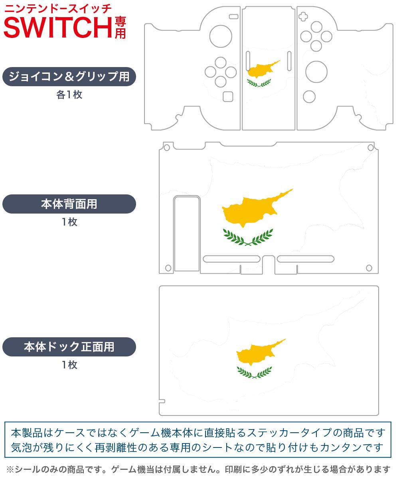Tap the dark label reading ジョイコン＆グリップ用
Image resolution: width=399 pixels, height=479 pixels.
pyautogui.click(x=69, y=77)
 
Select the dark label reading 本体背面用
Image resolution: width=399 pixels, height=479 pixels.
pyautogui.click(x=69, y=204)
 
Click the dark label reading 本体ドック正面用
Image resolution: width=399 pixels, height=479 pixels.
pyautogui.click(x=69, y=346)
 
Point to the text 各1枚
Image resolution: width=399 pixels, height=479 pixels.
pyautogui.click(x=69, y=95)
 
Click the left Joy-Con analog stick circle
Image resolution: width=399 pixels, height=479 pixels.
pyautogui.click(x=221, y=36)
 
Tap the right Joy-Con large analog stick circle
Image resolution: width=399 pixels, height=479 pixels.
pyautogui.click(x=316, y=72)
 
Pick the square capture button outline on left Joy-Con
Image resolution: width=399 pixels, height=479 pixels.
pyautogui.click(x=228, y=97)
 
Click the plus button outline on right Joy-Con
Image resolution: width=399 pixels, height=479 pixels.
pyautogui.click(x=303, y=16)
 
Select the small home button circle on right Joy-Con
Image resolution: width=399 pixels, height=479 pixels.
pyautogui.click(x=309, y=97)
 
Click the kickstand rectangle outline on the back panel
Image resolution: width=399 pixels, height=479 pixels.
pyautogui.click(x=187, y=234)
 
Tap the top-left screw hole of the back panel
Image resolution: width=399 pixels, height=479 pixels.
pyautogui.click(x=167, y=148)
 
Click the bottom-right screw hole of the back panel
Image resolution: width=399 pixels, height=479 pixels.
pyautogui.click(x=369, y=267)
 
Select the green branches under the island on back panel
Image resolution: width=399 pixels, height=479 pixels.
pyautogui.click(x=248, y=237)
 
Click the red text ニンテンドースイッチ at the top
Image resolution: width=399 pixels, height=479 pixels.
pyautogui.click(x=58, y=8)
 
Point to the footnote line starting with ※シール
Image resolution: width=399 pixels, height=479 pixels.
pyautogui.click(x=198, y=469)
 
